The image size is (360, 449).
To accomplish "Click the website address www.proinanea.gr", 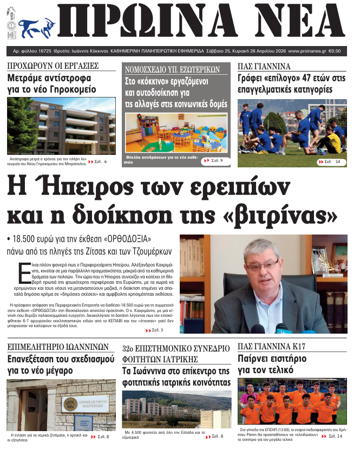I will [x=307, y=51].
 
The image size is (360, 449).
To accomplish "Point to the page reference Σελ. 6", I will [x=101, y=161].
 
